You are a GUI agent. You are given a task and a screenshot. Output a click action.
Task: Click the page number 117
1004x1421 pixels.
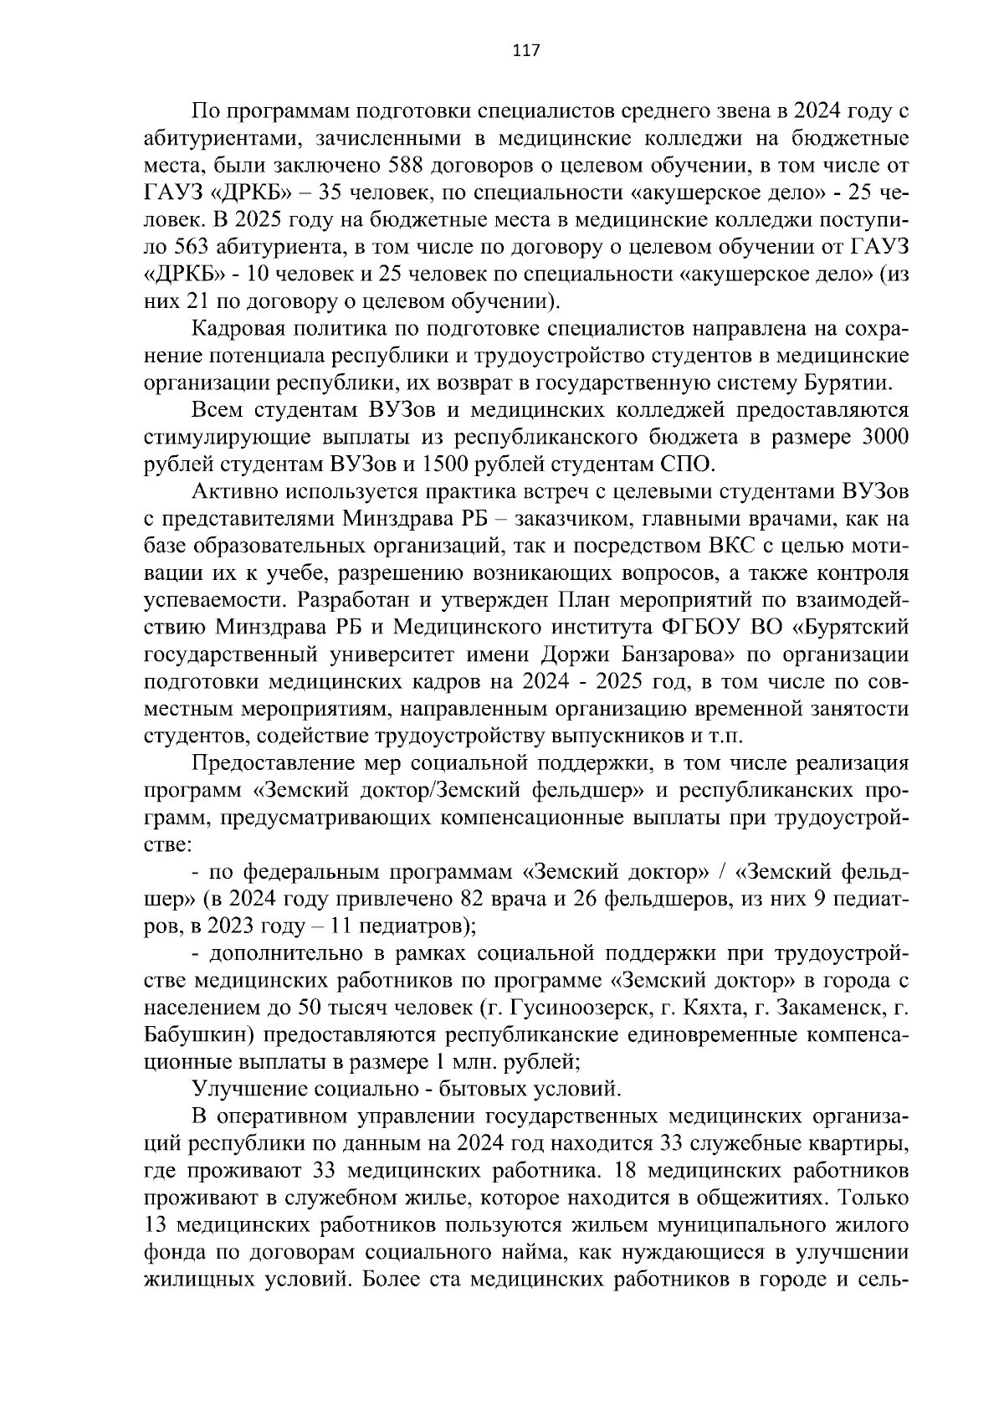(526, 50)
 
